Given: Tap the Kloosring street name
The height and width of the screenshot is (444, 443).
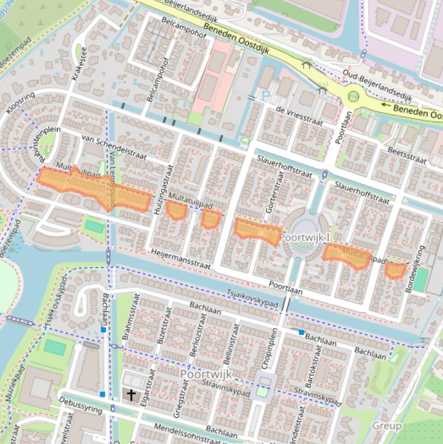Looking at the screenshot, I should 20,101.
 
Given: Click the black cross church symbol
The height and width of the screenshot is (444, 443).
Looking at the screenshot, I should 132,395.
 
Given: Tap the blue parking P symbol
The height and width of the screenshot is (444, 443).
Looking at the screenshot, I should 266,97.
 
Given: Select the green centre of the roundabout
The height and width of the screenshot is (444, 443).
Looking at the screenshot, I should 353,97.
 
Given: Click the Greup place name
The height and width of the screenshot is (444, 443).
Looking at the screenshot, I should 387,426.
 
